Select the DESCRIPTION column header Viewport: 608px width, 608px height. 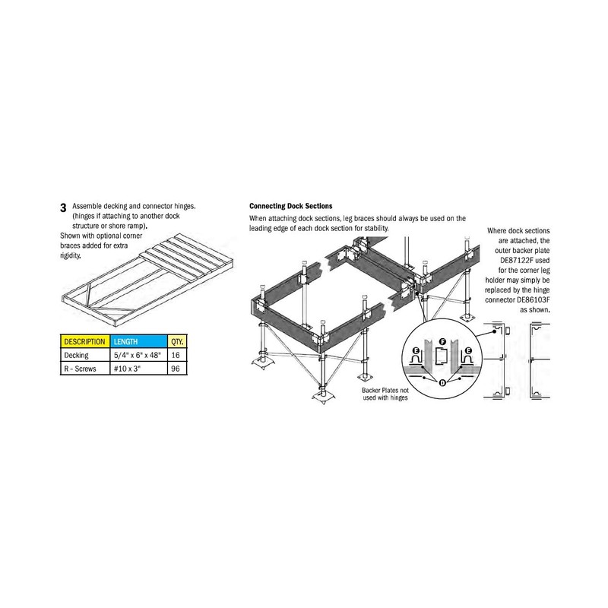pos(84,341)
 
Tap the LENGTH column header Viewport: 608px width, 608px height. pos(126,341)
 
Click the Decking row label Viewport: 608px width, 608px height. pos(76,354)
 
